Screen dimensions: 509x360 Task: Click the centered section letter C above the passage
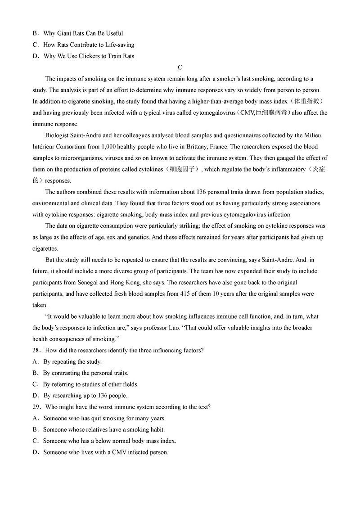point(180,68)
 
